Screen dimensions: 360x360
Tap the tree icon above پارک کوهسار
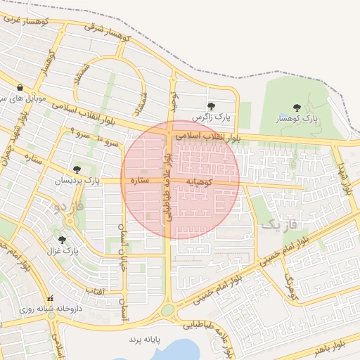click(x=296, y=108)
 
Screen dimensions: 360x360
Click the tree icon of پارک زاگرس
click(x=211, y=106)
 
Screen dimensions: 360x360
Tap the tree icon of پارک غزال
click(x=62, y=240)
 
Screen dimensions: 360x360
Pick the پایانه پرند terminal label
click(x=145, y=339)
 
